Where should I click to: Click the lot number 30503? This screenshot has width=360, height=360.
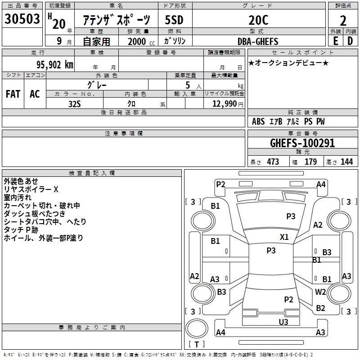[x=22, y=19]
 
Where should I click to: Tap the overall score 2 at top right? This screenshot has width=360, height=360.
[x=343, y=21]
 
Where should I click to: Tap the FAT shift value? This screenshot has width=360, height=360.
[x=13, y=94]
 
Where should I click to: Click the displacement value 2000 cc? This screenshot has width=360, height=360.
[x=141, y=41]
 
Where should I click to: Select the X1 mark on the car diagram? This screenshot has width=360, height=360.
[x=284, y=237]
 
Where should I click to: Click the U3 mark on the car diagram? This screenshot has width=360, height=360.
[x=283, y=322]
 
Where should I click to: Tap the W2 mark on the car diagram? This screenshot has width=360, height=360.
[x=320, y=292]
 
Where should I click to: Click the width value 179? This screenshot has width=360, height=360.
[x=311, y=162]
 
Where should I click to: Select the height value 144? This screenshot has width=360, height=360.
[x=346, y=162]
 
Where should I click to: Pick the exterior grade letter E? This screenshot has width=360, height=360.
[x=335, y=41]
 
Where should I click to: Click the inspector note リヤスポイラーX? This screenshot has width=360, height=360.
[x=31, y=189]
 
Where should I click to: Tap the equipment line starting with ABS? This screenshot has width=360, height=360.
[x=288, y=121]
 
